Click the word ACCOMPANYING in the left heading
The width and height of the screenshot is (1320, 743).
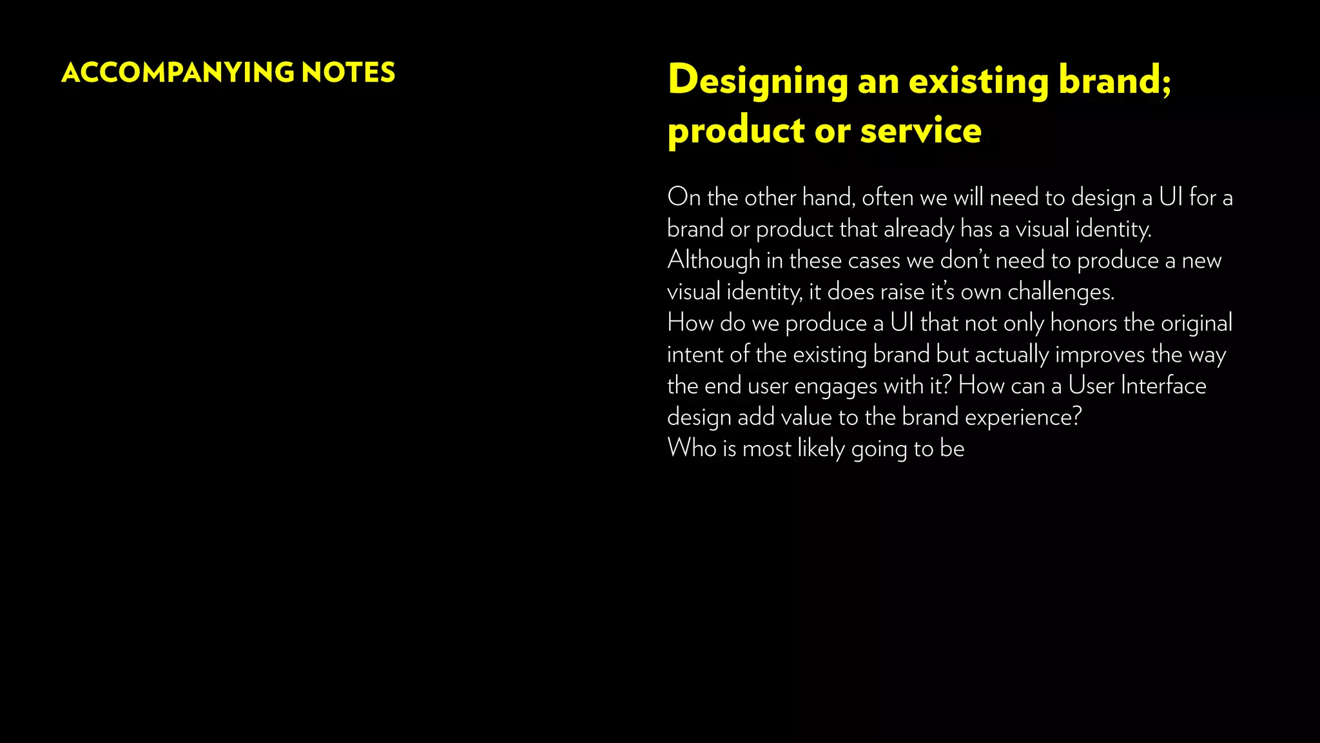pos(177,73)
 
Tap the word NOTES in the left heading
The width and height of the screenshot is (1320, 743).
pos(348,73)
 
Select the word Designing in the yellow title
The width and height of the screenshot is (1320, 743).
pos(758,82)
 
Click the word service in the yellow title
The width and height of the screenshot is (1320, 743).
pos(920,131)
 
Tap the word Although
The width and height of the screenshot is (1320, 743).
pos(713,261)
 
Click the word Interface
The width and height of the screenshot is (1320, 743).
pos(1163,386)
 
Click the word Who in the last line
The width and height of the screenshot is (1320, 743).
pos(692,448)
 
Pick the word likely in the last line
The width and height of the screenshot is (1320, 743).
pos(820,448)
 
